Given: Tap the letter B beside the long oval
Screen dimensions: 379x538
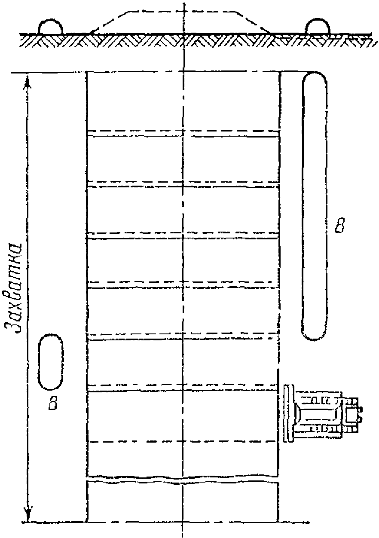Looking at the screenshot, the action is (339, 226).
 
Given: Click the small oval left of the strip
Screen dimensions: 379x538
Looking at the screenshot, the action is (51, 362).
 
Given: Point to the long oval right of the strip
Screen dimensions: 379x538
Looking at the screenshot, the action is (314, 206).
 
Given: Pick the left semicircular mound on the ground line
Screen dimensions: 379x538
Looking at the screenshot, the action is (51, 27).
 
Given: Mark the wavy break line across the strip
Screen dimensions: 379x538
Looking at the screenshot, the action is (183, 478).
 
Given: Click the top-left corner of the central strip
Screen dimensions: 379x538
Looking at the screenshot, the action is (87, 72).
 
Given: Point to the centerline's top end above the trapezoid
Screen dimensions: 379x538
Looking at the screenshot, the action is (184, 3).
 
